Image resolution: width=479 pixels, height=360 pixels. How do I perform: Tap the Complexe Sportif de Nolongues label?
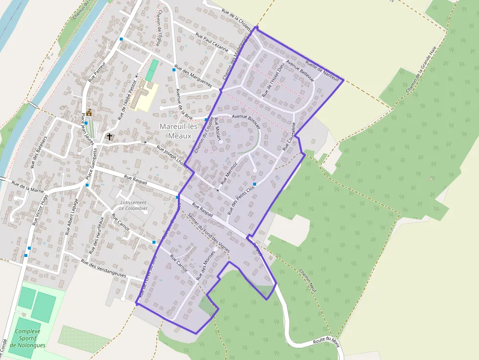[x=27, y=338]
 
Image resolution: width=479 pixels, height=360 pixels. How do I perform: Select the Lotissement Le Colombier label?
[x=133, y=205]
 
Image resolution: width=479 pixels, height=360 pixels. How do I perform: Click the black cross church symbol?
[x=109, y=137]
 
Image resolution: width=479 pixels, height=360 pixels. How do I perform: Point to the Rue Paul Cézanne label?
[x=212, y=42]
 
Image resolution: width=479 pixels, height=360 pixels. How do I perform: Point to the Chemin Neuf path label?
[x=308, y=280]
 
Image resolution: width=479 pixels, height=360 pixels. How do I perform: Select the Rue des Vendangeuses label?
[x=104, y=270]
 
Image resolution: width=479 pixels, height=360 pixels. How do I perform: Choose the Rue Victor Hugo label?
[x=40, y=209]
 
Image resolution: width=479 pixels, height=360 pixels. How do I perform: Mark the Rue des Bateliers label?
[x=40, y=152]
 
